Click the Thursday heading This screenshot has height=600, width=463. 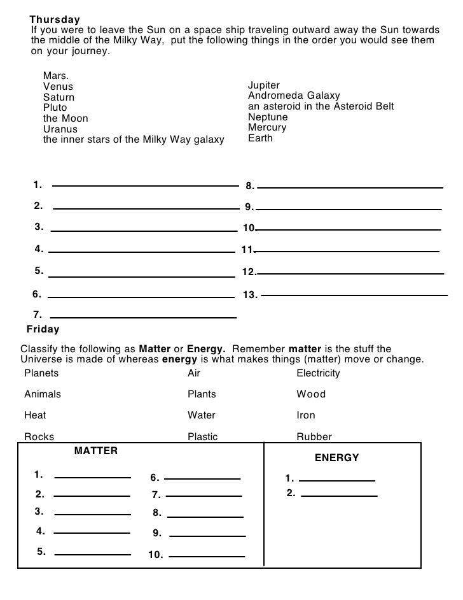click(x=55, y=19)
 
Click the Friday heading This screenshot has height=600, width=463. click(x=43, y=329)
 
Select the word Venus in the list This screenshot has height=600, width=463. click(x=58, y=87)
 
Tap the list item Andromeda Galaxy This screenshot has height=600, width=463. click(x=294, y=96)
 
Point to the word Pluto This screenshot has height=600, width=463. click(x=55, y=108)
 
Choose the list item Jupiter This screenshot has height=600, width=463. click(x=264, y=85)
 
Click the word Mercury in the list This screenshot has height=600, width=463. click(x=267, y=127)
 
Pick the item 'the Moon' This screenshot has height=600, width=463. click(x=66, y=118)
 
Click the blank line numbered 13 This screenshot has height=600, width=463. click(x=354, y=295)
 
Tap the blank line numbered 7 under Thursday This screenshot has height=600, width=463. click(x=143, y=317)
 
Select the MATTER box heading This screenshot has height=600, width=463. click(x=96, y=451)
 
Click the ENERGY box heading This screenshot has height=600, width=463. click(x=337, y=458)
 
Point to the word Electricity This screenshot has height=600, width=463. click(x=318, y=373)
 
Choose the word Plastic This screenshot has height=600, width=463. click(x=202, y=437)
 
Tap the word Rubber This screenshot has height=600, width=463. click(x=314, y=437)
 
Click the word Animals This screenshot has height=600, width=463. click(x=43, y=394)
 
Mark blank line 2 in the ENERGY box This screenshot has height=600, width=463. click(x=339, y=496)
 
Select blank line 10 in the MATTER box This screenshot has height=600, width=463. click(x=207, y=557)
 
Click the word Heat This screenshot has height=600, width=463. click(x=35, y=415)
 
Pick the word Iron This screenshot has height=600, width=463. click(x=306, y=415)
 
